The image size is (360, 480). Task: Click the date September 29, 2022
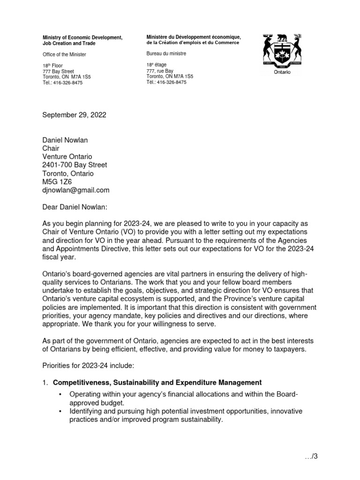click(x=75, y=115)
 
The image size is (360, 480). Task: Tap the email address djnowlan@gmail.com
click(x=76, y=190)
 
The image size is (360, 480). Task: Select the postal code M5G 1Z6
click(x=57, y=181)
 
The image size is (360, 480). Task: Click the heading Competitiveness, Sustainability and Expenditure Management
click(x=157, y=382)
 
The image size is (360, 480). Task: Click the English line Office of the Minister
click(x=64, y=54)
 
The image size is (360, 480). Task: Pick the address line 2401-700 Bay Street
click(x=75, y=165)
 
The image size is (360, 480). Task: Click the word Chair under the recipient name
click(x=52, y=148)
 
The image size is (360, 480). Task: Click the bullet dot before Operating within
click(x=60, y=395)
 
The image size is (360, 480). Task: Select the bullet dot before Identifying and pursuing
click(x=60, y=411)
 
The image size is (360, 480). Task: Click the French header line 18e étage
click(x=157, y=65)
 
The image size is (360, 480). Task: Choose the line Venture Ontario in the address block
click(x=67, y=157)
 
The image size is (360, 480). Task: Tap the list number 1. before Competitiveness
click(x=45, y=382)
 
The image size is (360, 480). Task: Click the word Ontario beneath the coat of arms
click(x=283, y=73)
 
